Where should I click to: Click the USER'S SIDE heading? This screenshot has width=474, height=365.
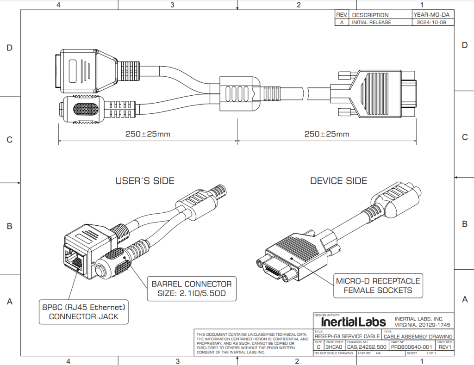[x=144, y=181]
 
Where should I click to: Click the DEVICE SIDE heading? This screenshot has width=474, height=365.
[x=338, y=181]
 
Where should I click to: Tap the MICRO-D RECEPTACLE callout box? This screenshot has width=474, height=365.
[x=378, y=285]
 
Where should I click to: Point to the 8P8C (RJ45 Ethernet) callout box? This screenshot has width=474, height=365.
[x=84, y=311]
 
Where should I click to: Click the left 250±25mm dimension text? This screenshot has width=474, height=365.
[x=148, y=134]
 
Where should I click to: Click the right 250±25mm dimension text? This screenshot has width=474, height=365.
[x=326, y=134]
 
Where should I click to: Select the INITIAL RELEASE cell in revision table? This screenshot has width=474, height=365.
[x=371, y=22]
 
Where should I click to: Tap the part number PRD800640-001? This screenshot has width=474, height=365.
[x=411, y=346]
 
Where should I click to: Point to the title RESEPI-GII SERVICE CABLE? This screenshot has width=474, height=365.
[x=347, y=336]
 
